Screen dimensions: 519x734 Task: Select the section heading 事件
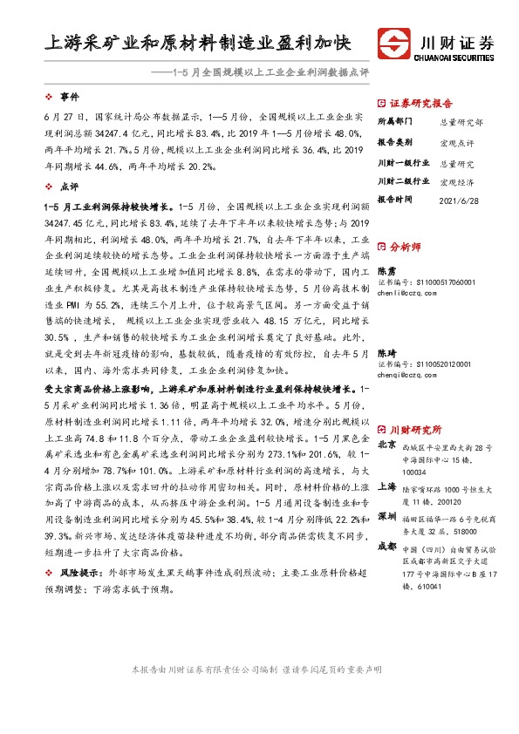[x=69, y=96]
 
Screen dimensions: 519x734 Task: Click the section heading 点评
[x=69, y=187]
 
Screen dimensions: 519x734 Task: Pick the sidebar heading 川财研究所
[x=415, y=430]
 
